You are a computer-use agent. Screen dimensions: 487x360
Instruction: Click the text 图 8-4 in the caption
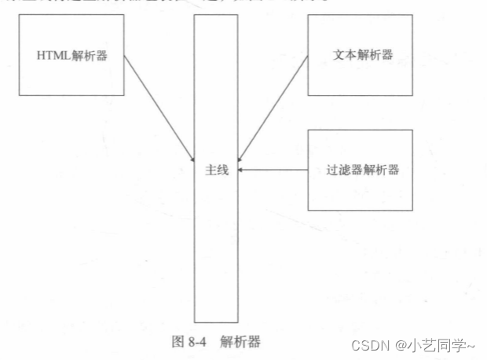coord(189,342)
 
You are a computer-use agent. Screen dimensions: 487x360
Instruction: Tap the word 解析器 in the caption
coord(240,342)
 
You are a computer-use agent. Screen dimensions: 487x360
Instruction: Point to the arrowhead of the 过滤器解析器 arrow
coord(241,169)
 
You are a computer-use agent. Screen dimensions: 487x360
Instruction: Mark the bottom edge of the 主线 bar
coord(215,322)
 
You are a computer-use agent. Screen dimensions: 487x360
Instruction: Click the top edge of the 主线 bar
coord(215,15)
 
